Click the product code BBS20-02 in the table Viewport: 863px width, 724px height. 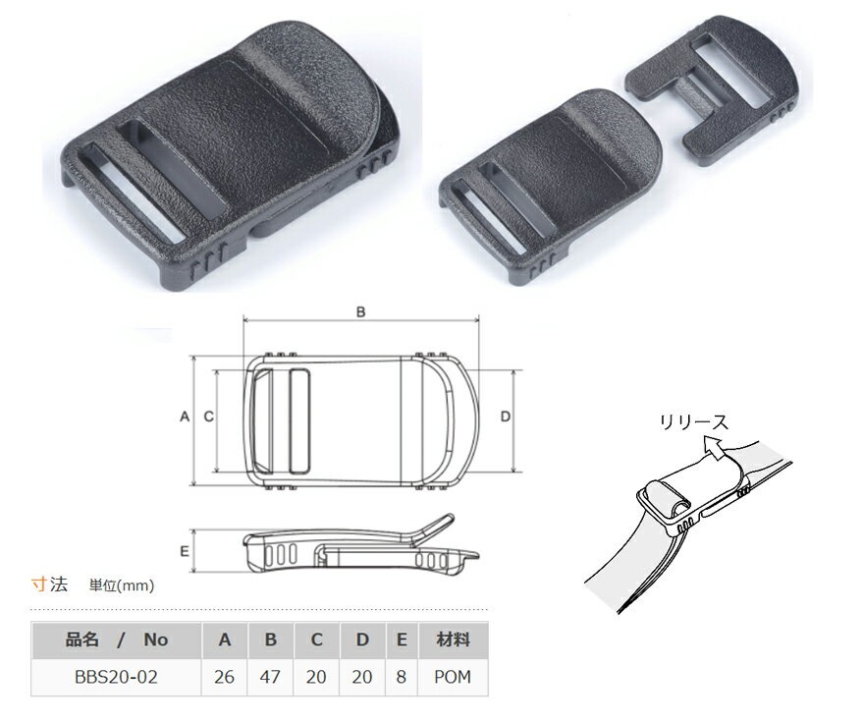pyautogui.click(x=116, y=677)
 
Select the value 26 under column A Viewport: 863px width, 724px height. pyautogui.click(x=224, y=677)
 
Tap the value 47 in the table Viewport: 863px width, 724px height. pyautogui.click(x=270, y=677)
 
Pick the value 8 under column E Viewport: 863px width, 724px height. pyautogui.click(x=402, y=677)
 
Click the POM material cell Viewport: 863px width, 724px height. pyautogui.click(x=453, y=677)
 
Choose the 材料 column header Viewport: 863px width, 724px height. pyautogui.click(x=453, y=640)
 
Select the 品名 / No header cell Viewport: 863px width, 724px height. pyautogui.click(x=116, y=640)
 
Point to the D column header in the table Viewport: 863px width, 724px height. pyautogui.click(x=362, y=640)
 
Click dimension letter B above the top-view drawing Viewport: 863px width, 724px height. pyautogui.click(x=360, y=312)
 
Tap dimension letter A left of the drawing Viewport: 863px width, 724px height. pyautogui.click(x=185, y=417)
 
